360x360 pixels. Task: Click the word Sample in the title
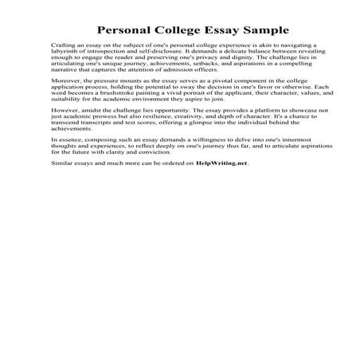240,25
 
